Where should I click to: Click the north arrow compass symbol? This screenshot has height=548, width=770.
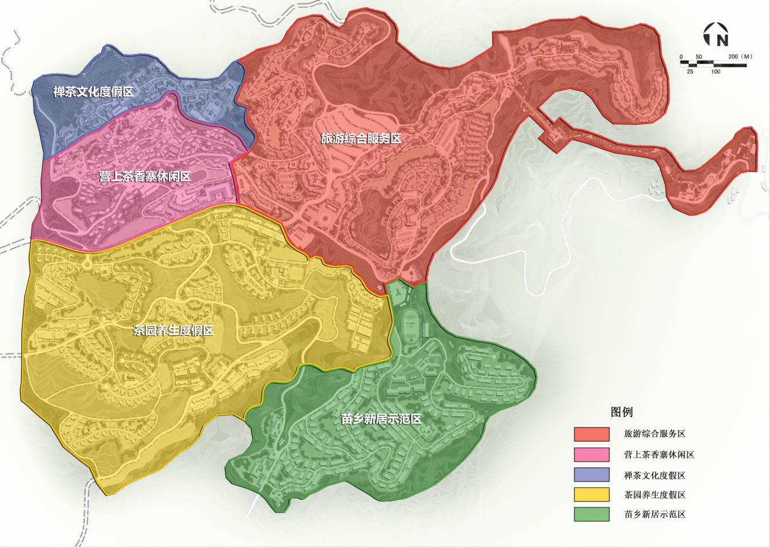tap(715, 35)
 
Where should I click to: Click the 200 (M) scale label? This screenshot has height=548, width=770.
tap(740, 57)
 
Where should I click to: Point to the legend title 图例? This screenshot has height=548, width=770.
tap(621, 412)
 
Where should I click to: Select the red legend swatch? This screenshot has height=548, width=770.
tap(592, 434)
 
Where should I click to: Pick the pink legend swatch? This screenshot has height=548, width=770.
tap(592, 455)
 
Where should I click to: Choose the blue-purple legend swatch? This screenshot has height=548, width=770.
tap(592, 475)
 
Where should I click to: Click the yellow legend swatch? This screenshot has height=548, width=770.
tap(592, 495)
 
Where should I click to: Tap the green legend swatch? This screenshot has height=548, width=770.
tap(592, 514)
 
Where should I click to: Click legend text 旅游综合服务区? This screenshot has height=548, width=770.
tap(655, 434)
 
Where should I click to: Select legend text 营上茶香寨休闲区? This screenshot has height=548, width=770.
tap(659, 455)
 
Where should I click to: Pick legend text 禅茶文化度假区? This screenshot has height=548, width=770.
tap(655, 475)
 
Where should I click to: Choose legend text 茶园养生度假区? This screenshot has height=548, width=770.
tap(655, 495)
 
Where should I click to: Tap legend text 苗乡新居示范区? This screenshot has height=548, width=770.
tap(655, 514)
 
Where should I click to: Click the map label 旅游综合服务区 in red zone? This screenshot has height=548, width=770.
tap(361, 138)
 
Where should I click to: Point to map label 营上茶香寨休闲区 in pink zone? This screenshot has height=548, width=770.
tap(145, 177)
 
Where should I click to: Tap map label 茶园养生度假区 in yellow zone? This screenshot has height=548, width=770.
tap(173, 331)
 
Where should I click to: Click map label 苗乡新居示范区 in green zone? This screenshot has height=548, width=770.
tap(381, 419)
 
